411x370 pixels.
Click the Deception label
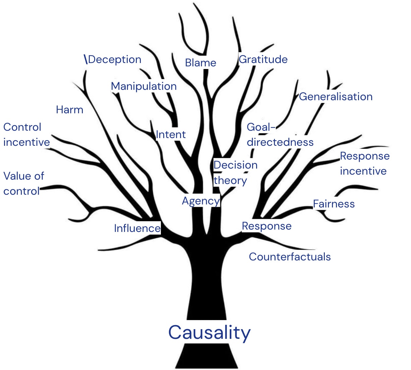pos(115,60)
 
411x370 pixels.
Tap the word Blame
pos(200,63)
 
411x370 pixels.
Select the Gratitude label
pos(263,60)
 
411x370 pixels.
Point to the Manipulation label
pos(144,86)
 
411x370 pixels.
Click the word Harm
pos(69,110)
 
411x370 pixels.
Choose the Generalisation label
pos(336,97)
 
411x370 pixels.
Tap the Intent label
pos(171,134)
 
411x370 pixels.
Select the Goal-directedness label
pos(280,135)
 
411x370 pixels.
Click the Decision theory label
pos(235,173)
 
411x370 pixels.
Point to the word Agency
pos(200,201)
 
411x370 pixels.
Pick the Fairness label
pos(334,204)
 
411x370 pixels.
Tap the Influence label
pos(137,228)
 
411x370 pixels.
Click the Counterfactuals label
pos(290,257)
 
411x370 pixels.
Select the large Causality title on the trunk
pos(209,332)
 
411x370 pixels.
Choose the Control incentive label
pos(26,135)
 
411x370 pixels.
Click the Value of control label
pos(23,184)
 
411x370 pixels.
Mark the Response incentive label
pos(364,164)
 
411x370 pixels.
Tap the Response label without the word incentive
pos(267,226)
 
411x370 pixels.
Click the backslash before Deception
pos(86,59)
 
